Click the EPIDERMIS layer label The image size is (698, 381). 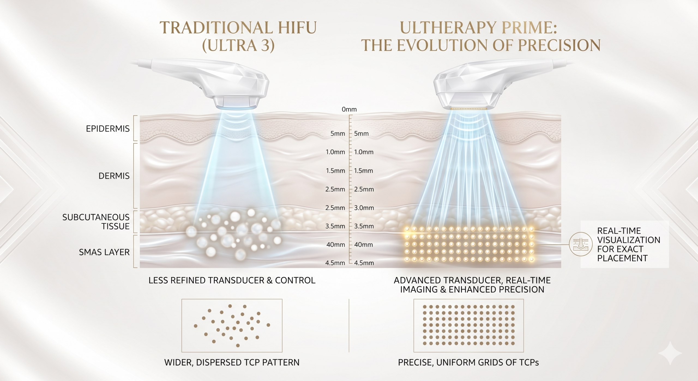tap(108, 129)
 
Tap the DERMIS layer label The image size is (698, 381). tap(114, 176)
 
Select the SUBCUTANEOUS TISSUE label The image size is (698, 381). tap(96, 222)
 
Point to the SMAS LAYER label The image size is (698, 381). tap(104, 252)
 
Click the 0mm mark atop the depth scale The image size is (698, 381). tap(349, 109)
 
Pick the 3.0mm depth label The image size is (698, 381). tap(364, 208)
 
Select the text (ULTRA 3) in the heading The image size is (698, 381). tap(238, 45)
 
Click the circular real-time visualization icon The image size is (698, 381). tap(581, 244)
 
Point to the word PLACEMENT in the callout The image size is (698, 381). tap(622, 258)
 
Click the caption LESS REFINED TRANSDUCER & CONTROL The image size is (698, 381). tap(232, 280)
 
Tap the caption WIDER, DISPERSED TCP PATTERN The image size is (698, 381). tap(232, 362)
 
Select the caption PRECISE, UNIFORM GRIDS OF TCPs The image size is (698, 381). tap(468, 362)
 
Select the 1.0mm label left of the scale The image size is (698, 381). tap(335, 152)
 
